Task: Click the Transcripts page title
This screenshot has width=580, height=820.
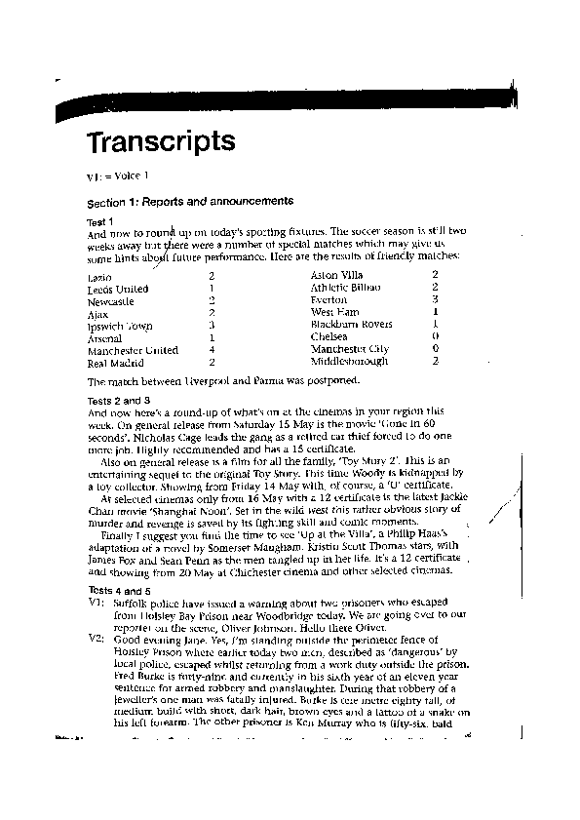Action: click(161, 142)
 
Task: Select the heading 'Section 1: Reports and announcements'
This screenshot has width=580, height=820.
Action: click(190, 202)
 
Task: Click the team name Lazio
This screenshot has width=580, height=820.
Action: click(99, 278)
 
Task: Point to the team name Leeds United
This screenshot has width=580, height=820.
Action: click(118, 290)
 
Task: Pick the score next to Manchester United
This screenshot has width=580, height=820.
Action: click(212, 350)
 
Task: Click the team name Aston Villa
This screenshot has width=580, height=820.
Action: click(335, 276)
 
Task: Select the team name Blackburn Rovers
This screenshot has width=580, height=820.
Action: click(352, 325)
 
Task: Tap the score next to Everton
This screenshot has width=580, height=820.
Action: click(435, 300)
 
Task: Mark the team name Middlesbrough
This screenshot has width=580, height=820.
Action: click(348, 361)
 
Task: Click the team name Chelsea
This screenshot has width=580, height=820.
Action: click(329, 336)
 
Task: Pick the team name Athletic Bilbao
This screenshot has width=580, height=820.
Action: click(345, 288)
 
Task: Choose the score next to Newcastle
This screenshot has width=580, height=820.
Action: click(212, 301)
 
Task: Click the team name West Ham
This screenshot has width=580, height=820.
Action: click(333, 312)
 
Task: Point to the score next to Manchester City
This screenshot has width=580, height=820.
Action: click(435, 348)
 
